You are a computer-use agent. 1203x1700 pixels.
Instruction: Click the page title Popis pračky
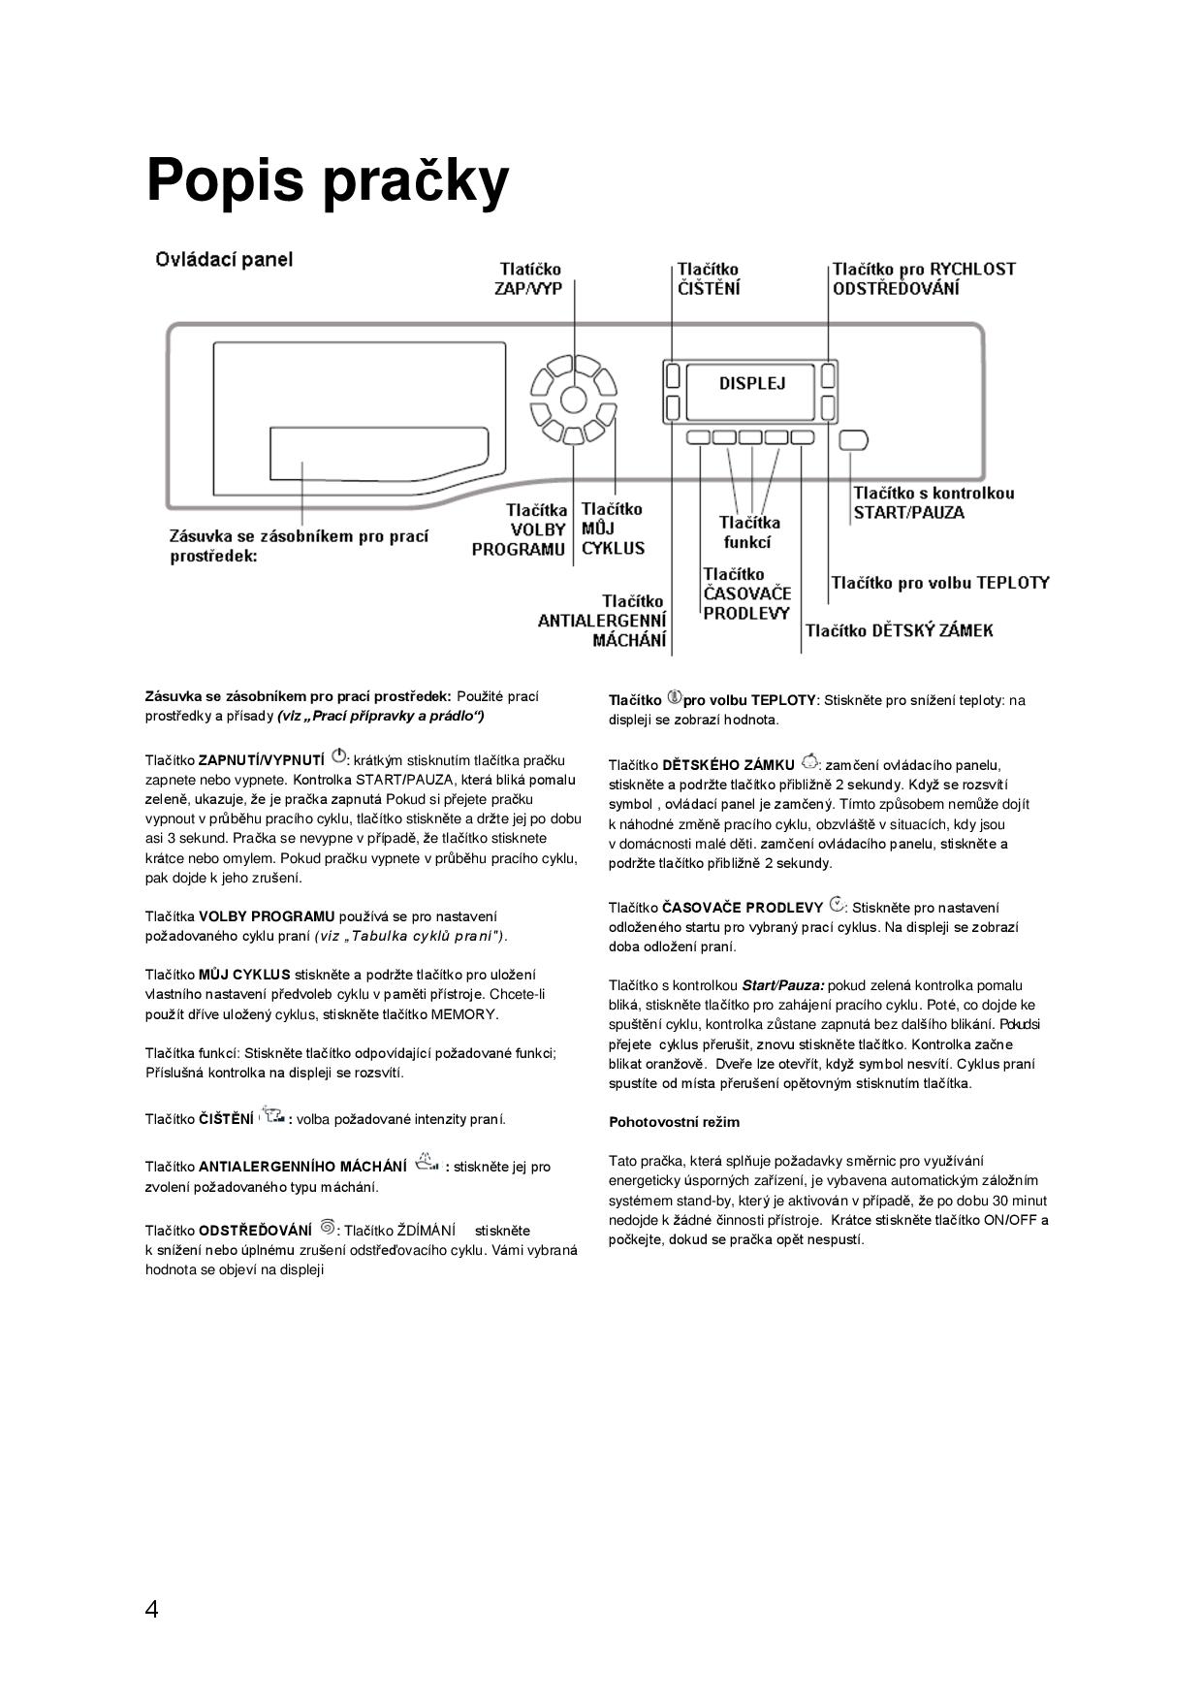(x=327, y=180)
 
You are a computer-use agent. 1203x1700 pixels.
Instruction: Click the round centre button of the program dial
(x=573, y=400)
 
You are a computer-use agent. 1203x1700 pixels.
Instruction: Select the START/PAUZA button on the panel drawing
(x=853, y=440)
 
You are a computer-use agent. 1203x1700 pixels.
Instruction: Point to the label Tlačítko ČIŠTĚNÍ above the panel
(x=708, y=278)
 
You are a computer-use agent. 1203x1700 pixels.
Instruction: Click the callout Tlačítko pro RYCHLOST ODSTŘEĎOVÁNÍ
(x=923, y=278)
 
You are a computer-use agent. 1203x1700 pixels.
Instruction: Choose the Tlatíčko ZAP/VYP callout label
(x=529, y=278)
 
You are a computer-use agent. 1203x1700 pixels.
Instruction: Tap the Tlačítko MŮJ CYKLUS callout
(x=613, y=529)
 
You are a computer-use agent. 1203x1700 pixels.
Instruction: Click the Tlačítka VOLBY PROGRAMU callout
(x=520, y=529)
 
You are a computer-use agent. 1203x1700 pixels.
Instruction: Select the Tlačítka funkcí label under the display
(x=748, y=532)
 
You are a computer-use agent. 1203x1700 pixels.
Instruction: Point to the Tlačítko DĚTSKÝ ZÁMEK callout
(x=899, y=631)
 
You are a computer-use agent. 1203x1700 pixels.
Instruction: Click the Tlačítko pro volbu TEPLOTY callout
(x=939, y=583)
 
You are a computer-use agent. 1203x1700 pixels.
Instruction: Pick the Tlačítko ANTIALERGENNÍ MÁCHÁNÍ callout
(x=603, y=621)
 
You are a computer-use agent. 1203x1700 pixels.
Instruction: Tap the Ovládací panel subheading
(x=224, y=260)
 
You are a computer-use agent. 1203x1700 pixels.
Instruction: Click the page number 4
(x=151, y=1610)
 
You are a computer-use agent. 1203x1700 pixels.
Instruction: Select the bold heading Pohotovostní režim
(x=674, y=1122)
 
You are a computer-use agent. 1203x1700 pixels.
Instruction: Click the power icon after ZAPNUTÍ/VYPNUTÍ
(x=338, y=756)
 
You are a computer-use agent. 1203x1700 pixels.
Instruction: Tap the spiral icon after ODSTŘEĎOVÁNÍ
(x=327, y=1227)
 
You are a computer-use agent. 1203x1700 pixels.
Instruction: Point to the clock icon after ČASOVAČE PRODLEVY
(x=837, y=905)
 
